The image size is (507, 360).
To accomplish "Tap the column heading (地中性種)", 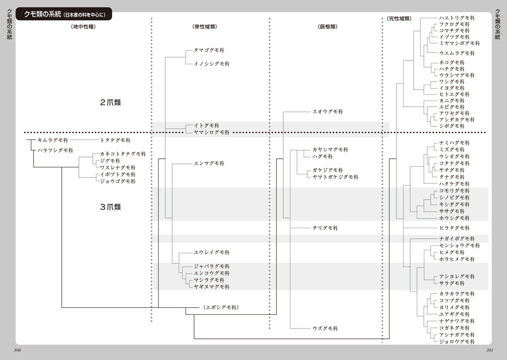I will (84, 26).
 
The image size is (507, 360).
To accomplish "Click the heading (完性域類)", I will (398, 18).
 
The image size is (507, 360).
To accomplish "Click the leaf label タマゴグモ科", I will (209, 51).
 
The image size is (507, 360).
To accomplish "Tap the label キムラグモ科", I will (53, 139).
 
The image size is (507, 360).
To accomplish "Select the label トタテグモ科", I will (116, 139).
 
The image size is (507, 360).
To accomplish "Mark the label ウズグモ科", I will (325, 329).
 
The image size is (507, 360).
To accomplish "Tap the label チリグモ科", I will (325, 228).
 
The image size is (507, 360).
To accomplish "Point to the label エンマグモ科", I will (209, 163).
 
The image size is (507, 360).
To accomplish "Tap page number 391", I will (490, 350).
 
